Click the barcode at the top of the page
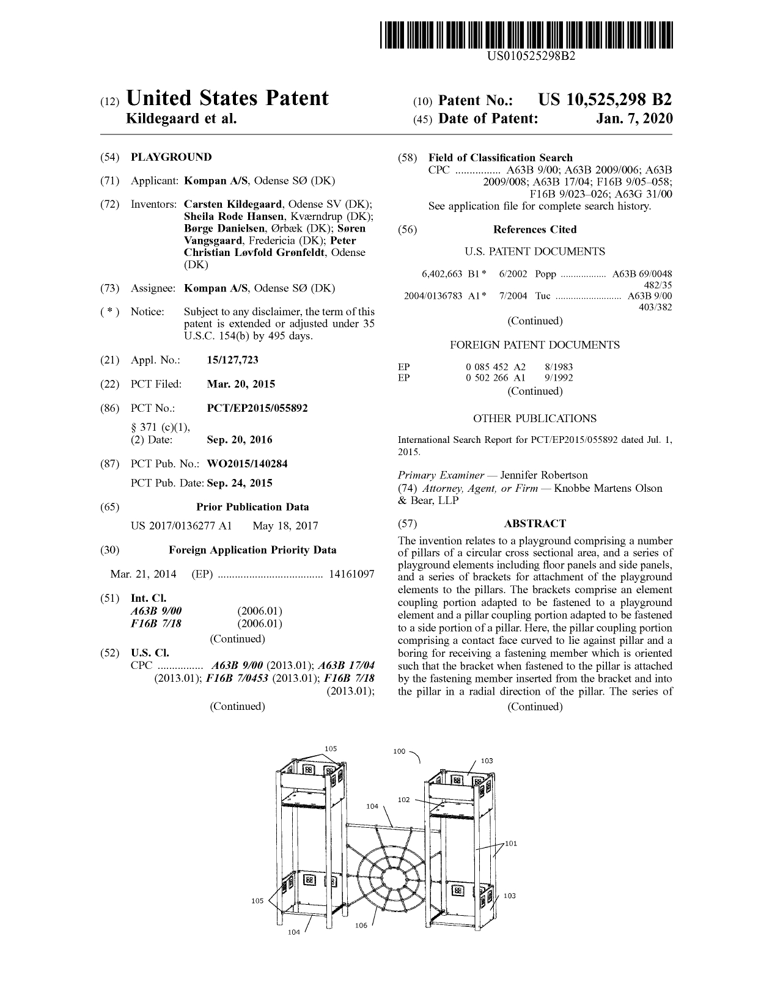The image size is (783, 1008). click(529, 35)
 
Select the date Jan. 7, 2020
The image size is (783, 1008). click(634, 118)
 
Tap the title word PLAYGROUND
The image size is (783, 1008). click(171, 157)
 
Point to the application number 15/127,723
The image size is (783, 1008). click(233, 360)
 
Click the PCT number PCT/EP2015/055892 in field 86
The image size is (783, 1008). click(257, 407)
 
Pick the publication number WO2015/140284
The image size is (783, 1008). click(247, 464)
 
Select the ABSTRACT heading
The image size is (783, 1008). click(535, 524)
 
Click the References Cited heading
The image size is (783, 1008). click(535, 230)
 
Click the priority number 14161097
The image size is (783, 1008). click(351, 574)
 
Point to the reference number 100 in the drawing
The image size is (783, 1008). click(399, 751)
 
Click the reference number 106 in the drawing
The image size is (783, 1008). click(361, 926)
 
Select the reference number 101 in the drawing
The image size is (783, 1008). click(510, 844)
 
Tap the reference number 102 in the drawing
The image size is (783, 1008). click(403, 800)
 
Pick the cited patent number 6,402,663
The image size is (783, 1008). click(442, 274)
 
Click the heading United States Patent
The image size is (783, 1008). click(227, 98)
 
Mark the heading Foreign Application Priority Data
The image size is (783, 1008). click(252, 550)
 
